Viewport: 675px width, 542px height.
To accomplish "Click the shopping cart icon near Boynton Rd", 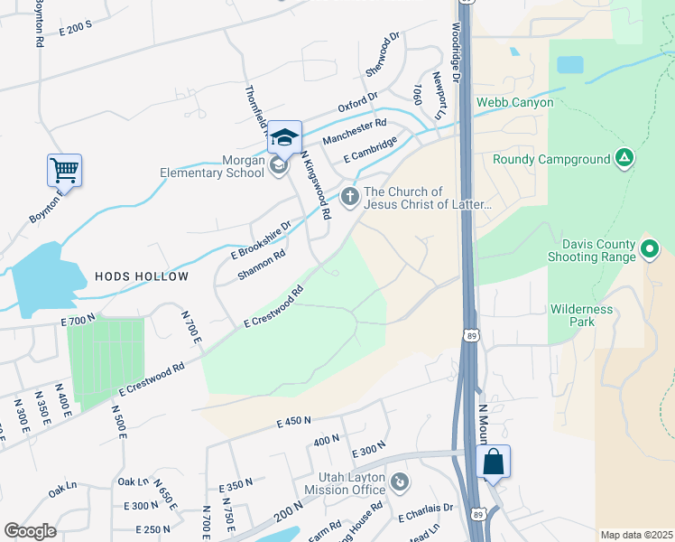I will [64, 169].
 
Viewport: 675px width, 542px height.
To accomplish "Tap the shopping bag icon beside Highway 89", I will [493, 462].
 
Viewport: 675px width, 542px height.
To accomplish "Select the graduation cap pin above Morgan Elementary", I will [283, 137].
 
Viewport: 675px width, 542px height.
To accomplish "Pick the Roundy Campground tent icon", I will [624, 159].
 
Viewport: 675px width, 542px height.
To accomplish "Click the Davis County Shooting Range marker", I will [648, 248].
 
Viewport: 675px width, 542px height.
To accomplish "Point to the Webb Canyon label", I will [514, 102].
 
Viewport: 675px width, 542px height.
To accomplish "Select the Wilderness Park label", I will [581, 315].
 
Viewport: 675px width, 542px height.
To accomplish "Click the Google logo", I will [30, 531].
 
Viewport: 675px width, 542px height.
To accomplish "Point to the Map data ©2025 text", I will [635, 535].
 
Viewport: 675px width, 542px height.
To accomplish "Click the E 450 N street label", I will [293, 421].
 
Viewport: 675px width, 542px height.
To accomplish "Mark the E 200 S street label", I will [76, 26].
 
